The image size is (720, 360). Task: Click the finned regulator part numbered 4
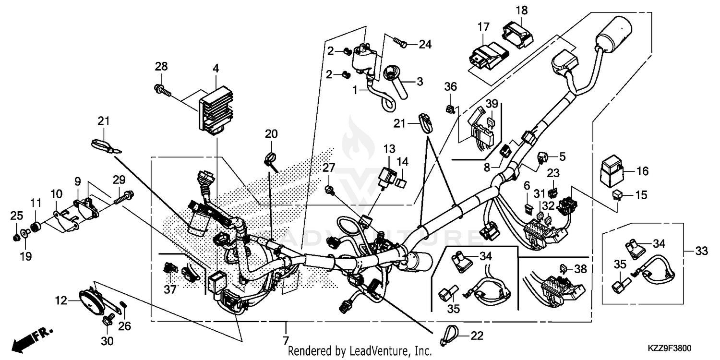click(214, 109)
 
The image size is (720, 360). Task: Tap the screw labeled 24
click(400, 43)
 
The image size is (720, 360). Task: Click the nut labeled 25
click(16, 237)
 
